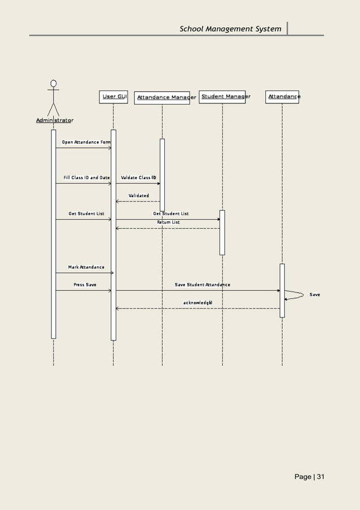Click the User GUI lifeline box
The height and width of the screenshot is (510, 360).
click(x=113, y=97)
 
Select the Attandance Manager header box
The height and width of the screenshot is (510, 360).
click(x=162, y=97)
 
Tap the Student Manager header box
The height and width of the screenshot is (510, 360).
click(x=222, y=97)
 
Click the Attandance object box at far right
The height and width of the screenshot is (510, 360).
click(x=282, y=97)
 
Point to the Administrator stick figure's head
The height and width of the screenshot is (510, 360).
click(x=53, y=83)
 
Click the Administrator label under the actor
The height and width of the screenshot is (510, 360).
click(x=55, y=120)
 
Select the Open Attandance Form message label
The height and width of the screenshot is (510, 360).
click(x=86, y=142)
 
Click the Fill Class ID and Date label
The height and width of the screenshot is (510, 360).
click(x=86, y=177)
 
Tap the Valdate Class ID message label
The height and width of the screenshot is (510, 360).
click(x=138, y=177)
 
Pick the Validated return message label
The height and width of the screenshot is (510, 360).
click(x=139, y=195)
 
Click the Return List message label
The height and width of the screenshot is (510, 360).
click(x=168, y=223)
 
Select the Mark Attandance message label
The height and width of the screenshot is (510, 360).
click(x=86, y=267)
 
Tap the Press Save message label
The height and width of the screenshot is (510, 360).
click(x=85, y=285)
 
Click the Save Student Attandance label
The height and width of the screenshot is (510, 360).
click(x=202, y=285)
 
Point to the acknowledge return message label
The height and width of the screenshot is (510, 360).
click(x=197, y=303)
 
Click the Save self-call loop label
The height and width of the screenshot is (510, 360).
click(x=314, y=295)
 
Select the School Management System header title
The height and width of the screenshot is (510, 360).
click(x=230, y=29)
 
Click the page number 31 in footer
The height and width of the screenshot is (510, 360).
click(x=321, y=477)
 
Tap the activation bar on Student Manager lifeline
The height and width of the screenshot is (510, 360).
click(x=222, y=232)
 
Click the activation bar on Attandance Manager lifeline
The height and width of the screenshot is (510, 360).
click(x=162, y=175)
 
